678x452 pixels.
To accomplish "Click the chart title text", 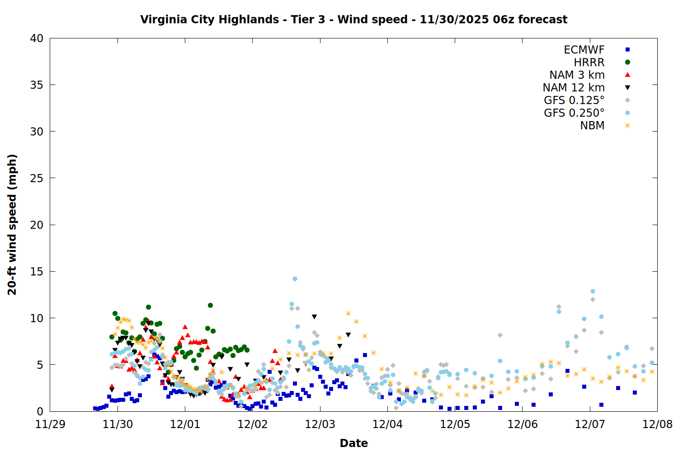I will pos(353,19).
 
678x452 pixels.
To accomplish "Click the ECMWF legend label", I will pos(584,50).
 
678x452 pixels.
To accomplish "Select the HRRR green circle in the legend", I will pos(627,62).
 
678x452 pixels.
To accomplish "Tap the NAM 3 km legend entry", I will pos(577,75).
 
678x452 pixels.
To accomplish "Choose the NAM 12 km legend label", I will pos(574,88).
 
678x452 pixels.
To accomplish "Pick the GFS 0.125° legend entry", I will pos(574,100).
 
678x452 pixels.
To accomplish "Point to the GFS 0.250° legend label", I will pos(574,113).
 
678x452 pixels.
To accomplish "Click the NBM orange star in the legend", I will pos(627,126).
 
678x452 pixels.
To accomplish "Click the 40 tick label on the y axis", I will pos(37,38).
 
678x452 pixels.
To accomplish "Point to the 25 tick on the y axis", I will pos(37,178).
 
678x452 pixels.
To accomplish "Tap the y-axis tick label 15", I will pos(37,272).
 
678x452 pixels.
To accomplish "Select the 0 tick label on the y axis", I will pos(40,411).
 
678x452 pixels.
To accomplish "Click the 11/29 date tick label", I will pos(50,424).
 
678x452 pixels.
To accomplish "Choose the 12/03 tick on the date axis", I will pos(320,424).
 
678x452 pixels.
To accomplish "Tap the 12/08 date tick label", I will pos(657,424).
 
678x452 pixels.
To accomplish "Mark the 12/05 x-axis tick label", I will pos(455,424).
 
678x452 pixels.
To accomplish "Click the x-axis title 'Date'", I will pos(353,443).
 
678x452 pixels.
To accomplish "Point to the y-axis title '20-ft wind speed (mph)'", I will pos(12,225).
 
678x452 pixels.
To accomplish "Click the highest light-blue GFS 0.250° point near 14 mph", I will pos(295,279).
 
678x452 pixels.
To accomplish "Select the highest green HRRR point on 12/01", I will pos(210,306).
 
